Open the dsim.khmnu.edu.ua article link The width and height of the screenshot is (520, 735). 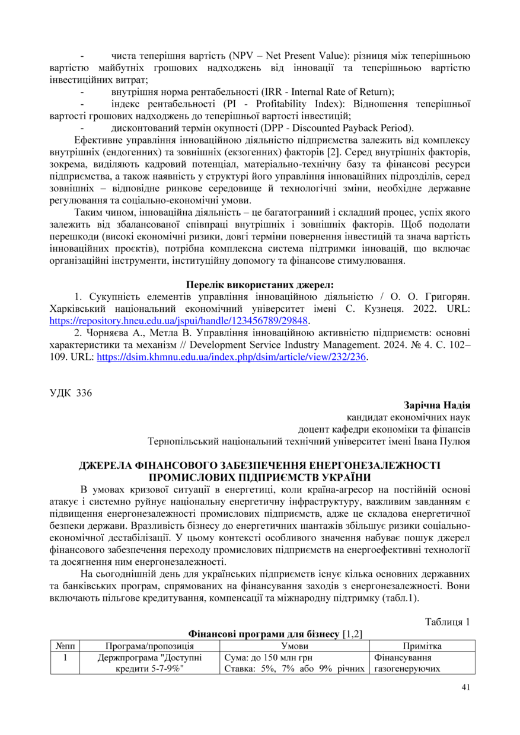tap(231, 357)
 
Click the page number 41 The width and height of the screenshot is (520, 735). tap(465, 687)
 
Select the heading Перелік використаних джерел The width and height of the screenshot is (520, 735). tap(260, 284)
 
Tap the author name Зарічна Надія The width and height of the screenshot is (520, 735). tap(437, 405)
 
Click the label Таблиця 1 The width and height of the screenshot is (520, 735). tap(448, 622)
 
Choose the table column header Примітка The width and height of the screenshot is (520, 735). tap(422, 645)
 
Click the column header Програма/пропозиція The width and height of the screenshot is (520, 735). tap(150, 645)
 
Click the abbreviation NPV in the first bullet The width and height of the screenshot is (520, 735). tap(243, 56)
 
